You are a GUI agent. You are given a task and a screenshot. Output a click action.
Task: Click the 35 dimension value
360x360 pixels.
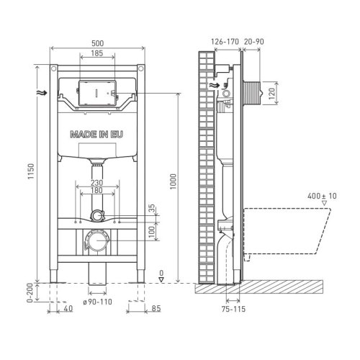click(x=152, y=208)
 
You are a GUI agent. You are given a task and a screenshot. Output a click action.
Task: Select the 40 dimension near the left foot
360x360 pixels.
click(x=67, y=310)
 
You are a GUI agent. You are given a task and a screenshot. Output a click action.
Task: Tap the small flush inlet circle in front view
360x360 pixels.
click(x=97, y=214)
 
